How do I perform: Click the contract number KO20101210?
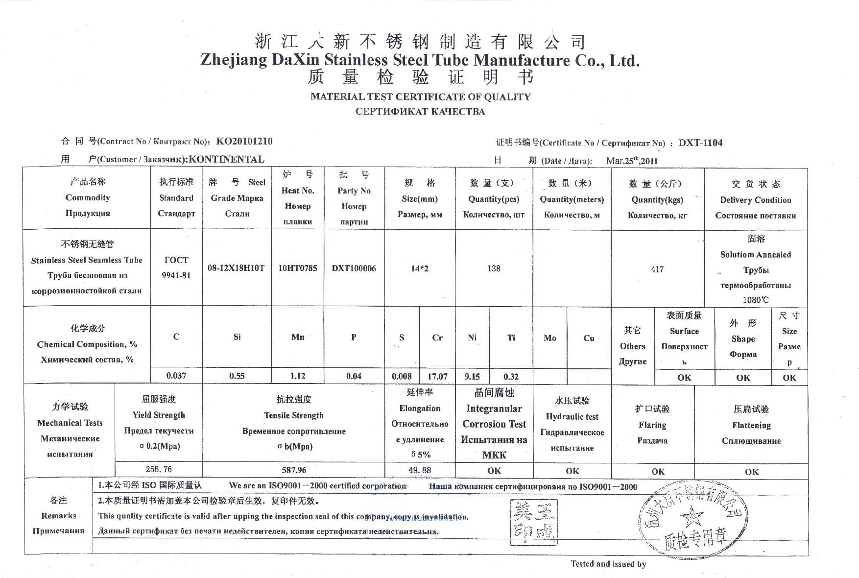pos(244,142)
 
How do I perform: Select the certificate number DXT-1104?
pos(700,143)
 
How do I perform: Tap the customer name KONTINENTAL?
pos(226,159)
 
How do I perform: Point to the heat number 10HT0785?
pos(297,268)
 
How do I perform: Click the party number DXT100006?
pos(354,268)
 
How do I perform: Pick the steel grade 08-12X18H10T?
pos(236,268)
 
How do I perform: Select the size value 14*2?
pos(419,268)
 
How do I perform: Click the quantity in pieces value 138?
pos(494,268)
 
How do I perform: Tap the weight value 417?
pos(657,269)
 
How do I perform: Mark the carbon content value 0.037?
pos(176,376)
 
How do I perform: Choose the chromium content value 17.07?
pos(437,377)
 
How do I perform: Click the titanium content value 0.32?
pos(511,377)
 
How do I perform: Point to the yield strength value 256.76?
pos(159,469)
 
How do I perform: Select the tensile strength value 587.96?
pos(294,470)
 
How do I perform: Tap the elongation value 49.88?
pos(420,470)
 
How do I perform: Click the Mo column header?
pos(549,338)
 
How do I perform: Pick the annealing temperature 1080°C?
pos(755,300)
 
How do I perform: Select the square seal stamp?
pos(534,522)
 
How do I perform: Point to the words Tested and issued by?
pos(608,564)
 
